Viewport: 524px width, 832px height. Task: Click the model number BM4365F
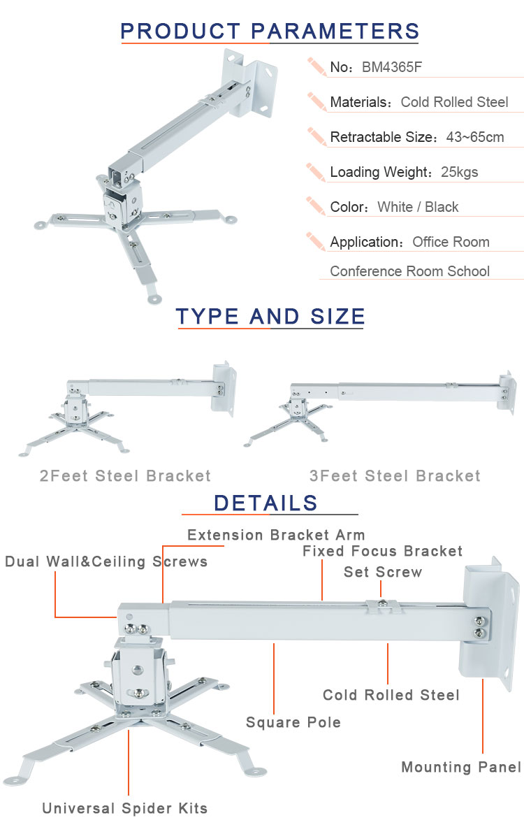coord(392,67)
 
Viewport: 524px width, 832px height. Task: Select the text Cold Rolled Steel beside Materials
coord(455,102)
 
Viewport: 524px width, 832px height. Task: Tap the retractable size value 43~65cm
coord(475,137)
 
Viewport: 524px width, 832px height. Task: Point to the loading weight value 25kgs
coord(459,172)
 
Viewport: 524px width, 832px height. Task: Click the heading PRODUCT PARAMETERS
coord(270,31)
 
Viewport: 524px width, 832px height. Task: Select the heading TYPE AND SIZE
coord(270,316)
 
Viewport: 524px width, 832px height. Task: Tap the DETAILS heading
coord(265,503)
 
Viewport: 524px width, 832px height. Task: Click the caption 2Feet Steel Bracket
coord(125,475)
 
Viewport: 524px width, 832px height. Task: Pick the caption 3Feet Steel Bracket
coord(395,475)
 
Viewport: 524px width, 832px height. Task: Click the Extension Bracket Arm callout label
coord(276,535)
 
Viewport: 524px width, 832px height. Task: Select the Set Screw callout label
coord(383,572)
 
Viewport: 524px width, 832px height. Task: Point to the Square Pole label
coord(293,722)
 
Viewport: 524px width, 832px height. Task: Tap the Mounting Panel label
coord(461,767)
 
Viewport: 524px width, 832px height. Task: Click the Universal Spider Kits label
coord(124,808)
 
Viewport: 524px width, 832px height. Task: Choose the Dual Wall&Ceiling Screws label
coord(106,561)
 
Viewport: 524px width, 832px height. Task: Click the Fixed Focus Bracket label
coord(382,551)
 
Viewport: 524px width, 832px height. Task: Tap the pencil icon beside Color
coord(316,206)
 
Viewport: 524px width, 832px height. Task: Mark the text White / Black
coord(418,207)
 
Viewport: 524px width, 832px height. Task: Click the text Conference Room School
coord(410,271)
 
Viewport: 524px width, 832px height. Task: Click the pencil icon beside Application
coord(316,241)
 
